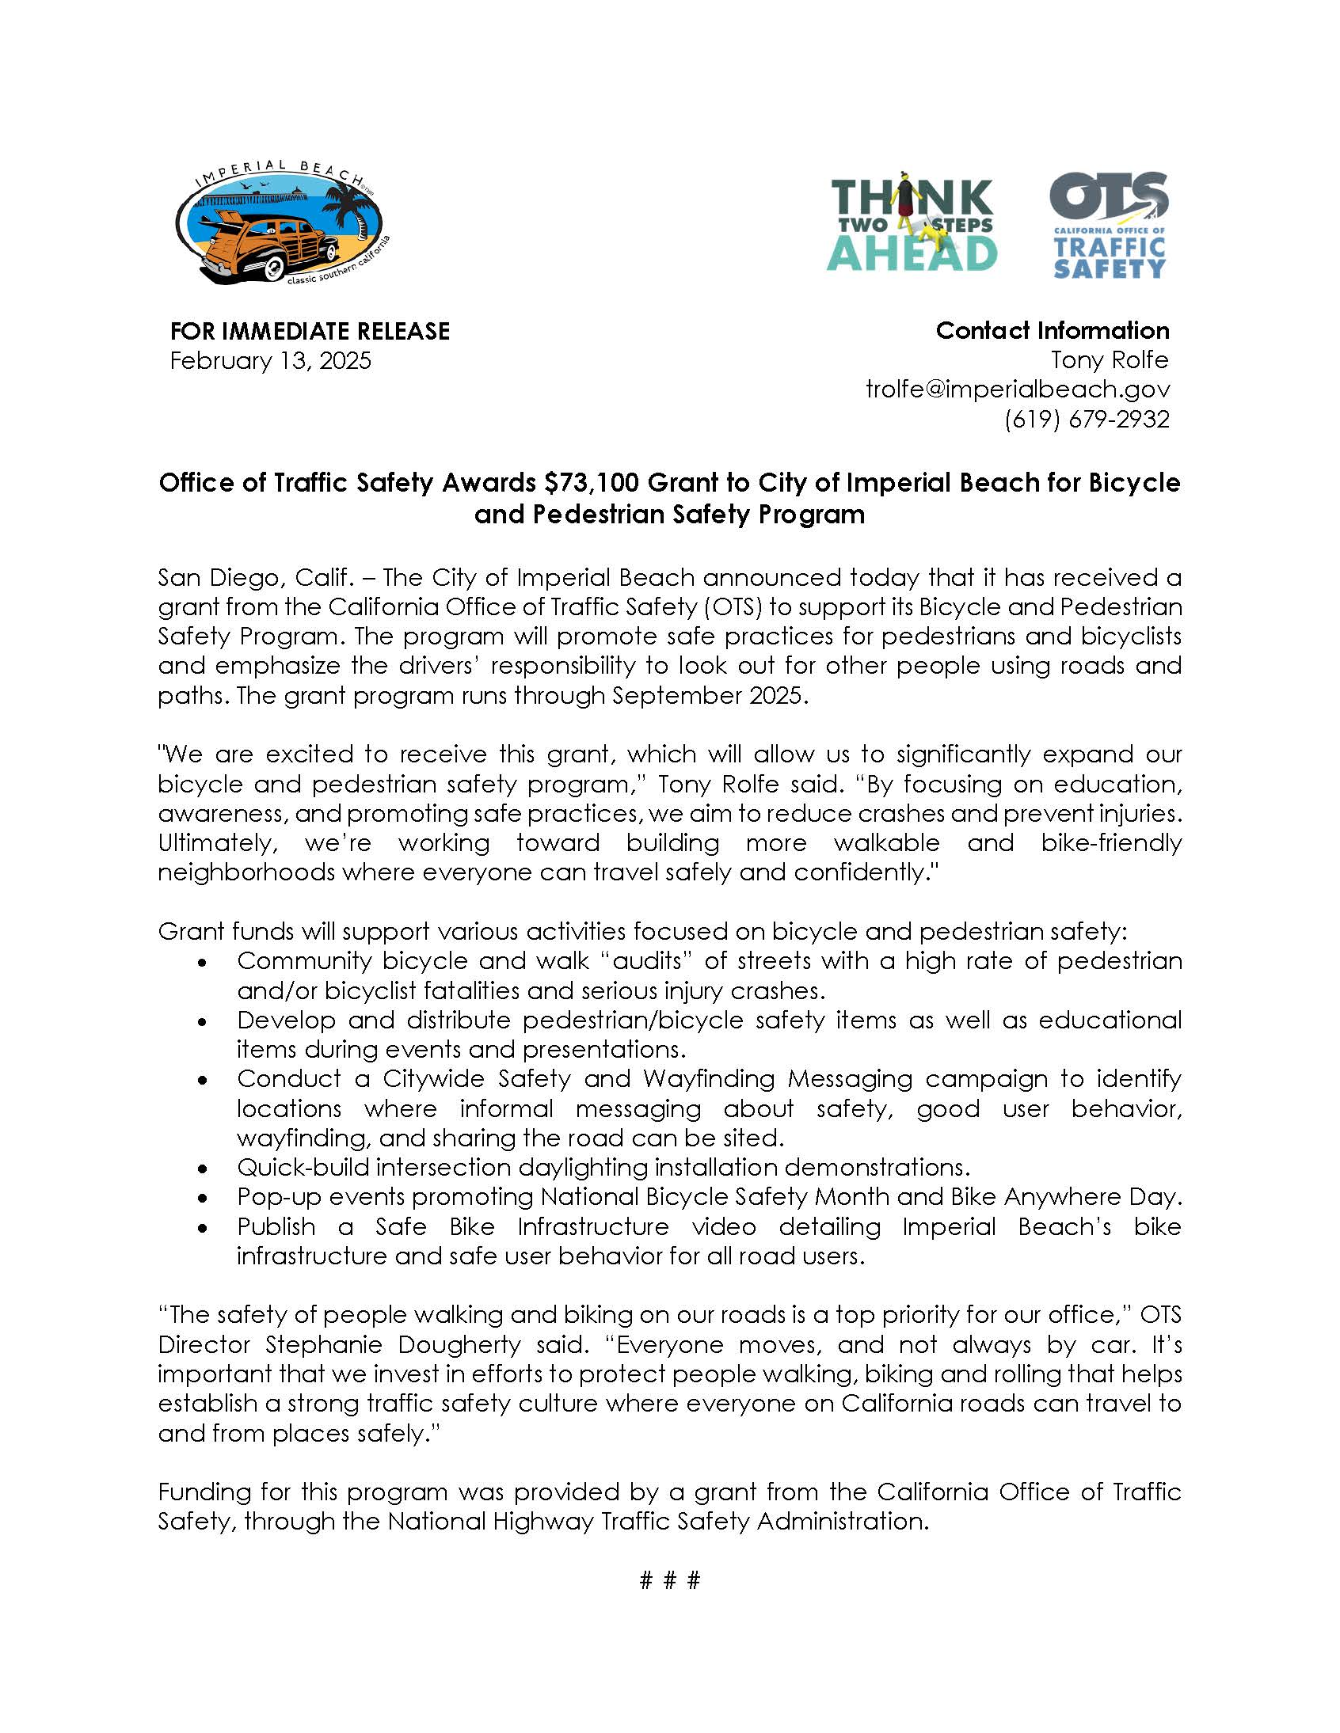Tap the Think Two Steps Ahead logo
point(912,222)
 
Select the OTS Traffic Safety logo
point(1109,226)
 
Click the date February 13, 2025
point(270,361)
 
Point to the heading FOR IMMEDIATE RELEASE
point(310,331)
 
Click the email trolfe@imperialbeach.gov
point(1018,390)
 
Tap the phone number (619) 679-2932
point(1087,419)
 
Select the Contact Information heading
point(1052,330)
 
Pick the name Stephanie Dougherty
point(393,1345)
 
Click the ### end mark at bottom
point(669,1581)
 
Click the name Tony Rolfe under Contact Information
point(1109,360)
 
